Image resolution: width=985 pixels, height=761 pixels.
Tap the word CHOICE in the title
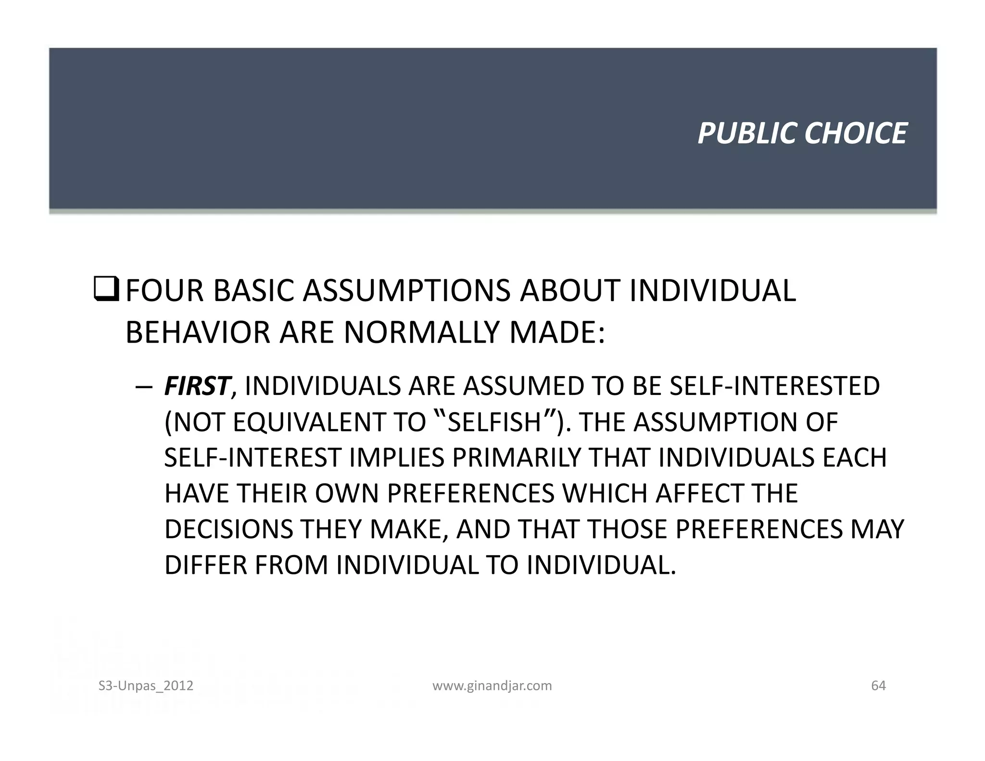click(856, 133)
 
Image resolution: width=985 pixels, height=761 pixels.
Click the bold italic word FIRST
click(196, 386)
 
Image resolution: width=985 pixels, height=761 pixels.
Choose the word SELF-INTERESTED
click(774, 386)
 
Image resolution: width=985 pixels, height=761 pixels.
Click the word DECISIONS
click(228, 529)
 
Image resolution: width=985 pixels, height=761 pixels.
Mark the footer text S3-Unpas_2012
click(146, 685)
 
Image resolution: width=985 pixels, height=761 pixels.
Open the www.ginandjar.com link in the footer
click(492, 685)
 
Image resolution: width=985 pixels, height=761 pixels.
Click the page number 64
click(878, 685)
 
